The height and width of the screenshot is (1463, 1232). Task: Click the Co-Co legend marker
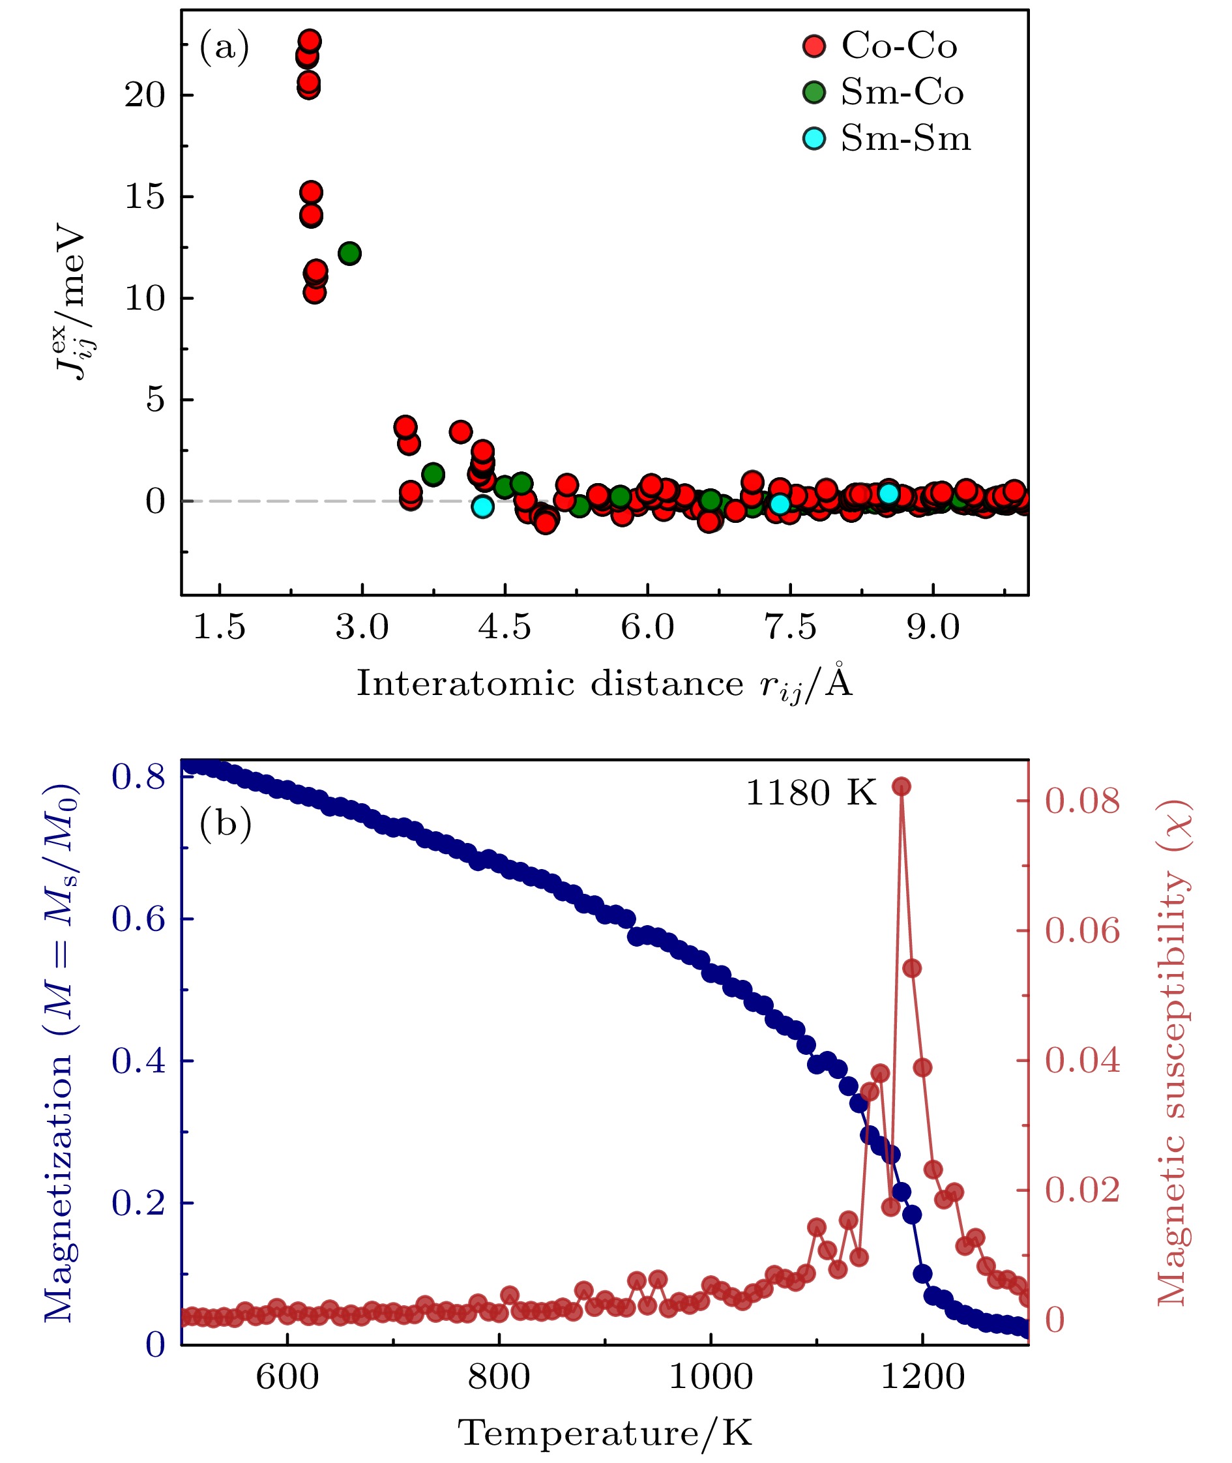click(x=814, y=46)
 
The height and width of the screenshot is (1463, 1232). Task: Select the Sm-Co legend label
click(x=902, y=92)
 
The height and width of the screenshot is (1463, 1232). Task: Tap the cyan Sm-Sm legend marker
click(x=814, y=138)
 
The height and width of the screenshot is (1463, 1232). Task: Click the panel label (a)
click(x=224, y=48)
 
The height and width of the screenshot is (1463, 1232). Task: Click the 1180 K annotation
click(x=810, y=793)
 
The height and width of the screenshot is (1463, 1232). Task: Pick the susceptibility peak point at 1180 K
click(x=901, y=787)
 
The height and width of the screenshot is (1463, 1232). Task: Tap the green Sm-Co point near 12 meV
click(x=349, y=253)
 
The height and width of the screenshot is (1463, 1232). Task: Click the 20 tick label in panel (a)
click(x=145, y=95)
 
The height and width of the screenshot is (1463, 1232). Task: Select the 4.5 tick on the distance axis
click(x=505, y=627)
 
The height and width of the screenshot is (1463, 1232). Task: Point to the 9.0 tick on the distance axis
click(x=933, y=627)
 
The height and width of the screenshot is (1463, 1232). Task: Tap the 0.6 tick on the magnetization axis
click(x=138, y=919)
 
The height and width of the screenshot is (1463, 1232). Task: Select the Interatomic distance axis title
click(x=605, y=683)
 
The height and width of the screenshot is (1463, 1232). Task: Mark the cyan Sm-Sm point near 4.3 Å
click(x=482, y=507)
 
